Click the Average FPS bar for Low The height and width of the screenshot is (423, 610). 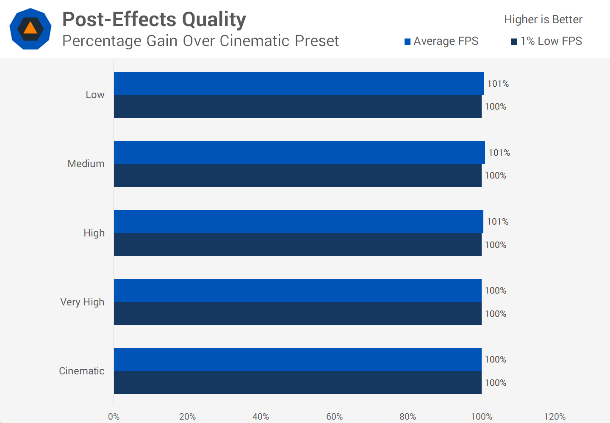(299, 83)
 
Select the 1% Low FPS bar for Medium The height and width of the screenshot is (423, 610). (298, 176)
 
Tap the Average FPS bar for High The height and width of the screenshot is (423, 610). (299, 222)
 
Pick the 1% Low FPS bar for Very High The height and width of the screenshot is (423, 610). (298, 314)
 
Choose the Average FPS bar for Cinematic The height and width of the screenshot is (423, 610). (298, 360)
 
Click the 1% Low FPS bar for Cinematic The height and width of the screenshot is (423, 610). (298, 383)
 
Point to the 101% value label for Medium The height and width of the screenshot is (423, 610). (499, 153)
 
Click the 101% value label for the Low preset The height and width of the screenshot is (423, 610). (498, 84)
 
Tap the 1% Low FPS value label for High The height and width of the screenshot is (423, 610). (496, 245)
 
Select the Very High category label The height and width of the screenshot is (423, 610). (82, 302)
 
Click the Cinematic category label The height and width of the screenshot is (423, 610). (82, 371)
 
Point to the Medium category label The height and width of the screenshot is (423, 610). (86, 164)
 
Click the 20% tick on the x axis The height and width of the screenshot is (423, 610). (187, 417)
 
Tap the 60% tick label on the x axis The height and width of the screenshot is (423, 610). (334, 417)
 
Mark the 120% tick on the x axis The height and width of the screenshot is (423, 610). (555, 417)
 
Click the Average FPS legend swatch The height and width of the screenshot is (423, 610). (408, 41)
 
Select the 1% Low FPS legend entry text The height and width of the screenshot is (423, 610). (551, 41)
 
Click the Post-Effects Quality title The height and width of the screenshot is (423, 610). (154, 19)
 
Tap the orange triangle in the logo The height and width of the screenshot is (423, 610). (30, 29)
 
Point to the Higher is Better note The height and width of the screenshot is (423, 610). (543, 19)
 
